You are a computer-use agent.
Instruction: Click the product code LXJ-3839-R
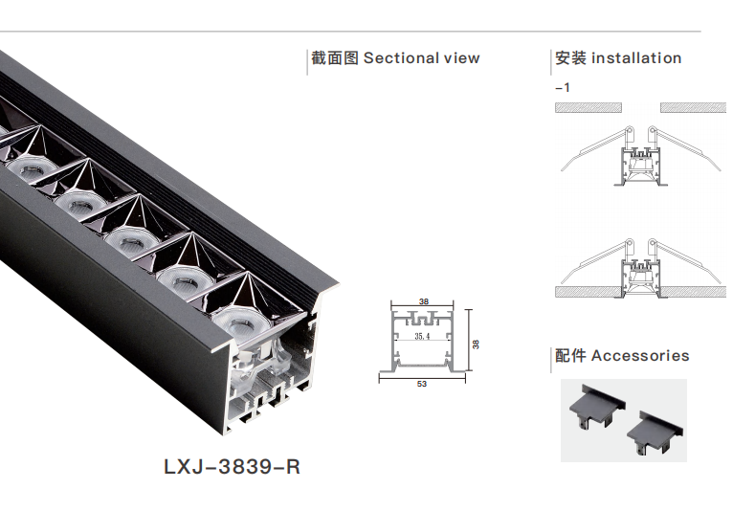[233, 468]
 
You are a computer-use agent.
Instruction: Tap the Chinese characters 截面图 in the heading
[334, 58]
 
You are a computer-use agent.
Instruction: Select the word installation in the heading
[636, 58]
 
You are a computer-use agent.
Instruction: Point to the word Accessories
[640, 356]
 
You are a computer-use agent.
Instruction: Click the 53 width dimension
[421, 384]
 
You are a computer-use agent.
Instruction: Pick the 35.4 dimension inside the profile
[421, 337]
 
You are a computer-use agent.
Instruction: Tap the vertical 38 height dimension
[476, 343]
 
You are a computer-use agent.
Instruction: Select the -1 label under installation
[563, 87]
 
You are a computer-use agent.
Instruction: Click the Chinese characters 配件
[570, 356]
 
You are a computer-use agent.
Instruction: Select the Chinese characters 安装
[570, 58]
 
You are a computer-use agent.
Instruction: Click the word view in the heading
[461, 58]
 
